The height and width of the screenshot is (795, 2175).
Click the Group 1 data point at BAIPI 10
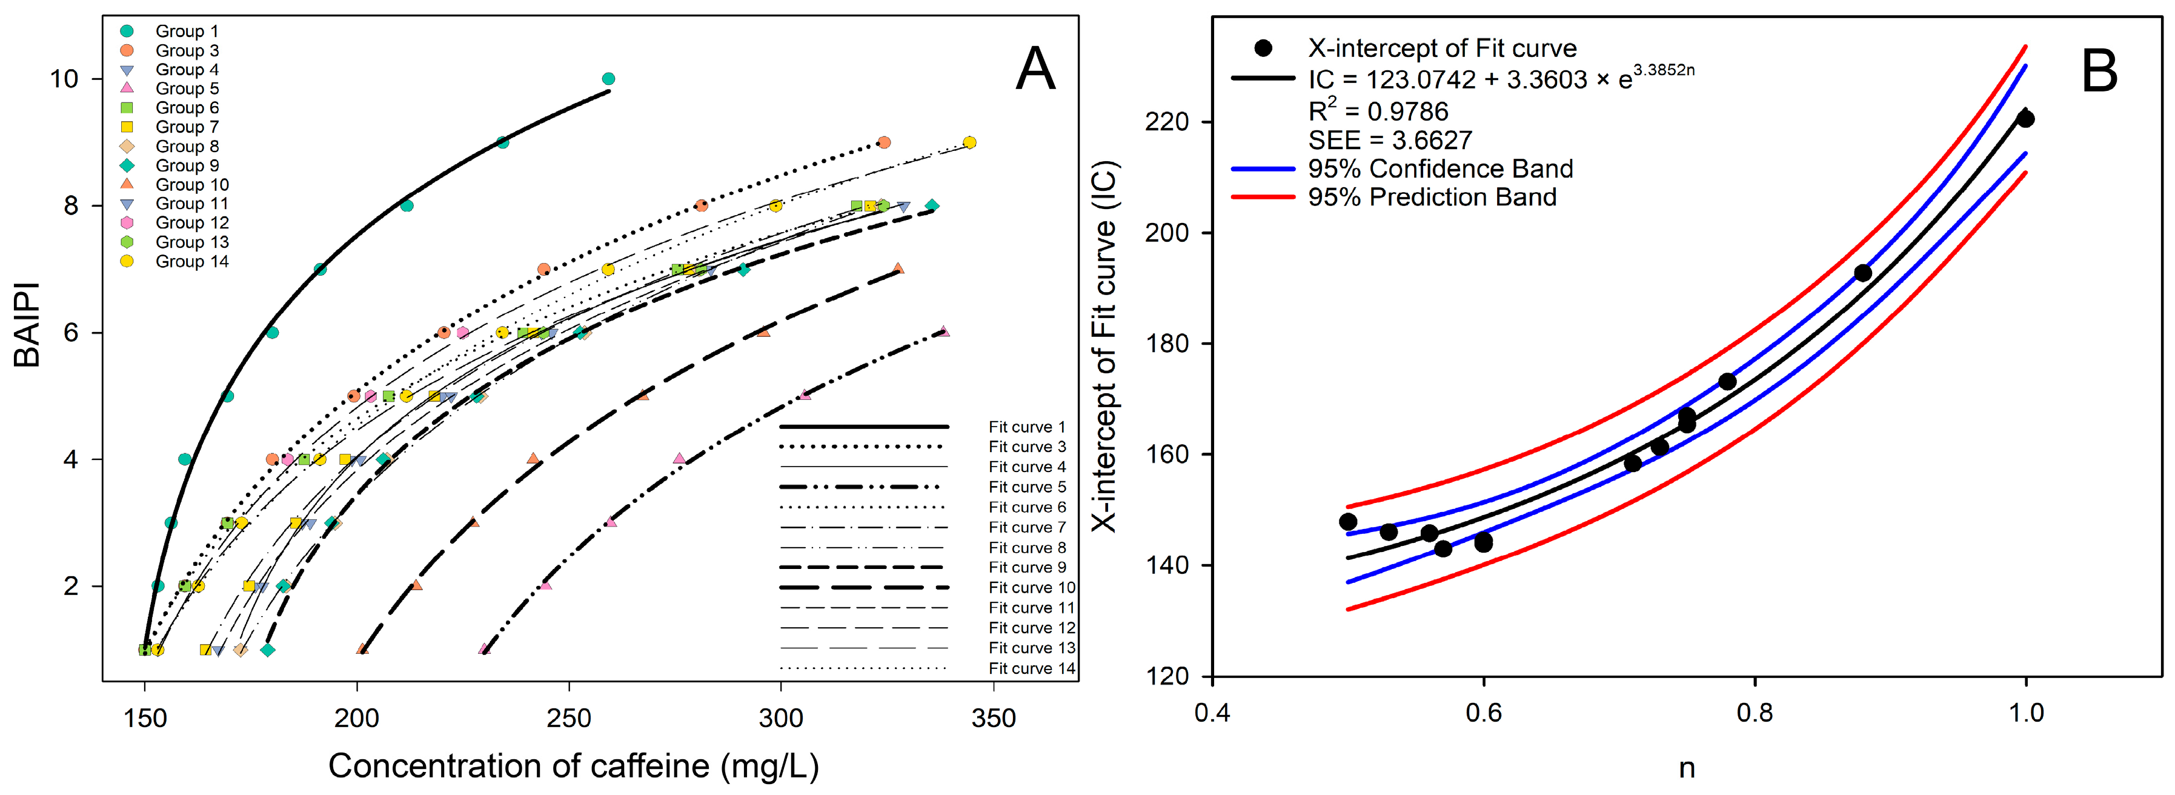(608, 79)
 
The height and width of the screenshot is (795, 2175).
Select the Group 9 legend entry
(187, 165)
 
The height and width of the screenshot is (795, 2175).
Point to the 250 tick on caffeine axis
(568, 718)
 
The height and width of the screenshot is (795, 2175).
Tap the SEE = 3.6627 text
(1390, 139)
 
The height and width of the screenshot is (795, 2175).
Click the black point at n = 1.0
(2025, 119)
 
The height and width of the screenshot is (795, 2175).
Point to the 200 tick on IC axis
(1167, 232)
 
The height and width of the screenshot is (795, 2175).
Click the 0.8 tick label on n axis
(1755, 712)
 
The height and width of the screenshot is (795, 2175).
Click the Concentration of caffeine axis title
(573, 765)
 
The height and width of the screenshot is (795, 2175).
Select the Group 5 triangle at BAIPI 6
(944, 331)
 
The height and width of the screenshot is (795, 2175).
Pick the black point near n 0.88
(1862, 273)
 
